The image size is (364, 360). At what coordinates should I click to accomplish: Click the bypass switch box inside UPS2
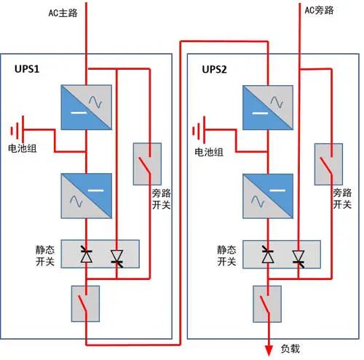(x=330, y=163)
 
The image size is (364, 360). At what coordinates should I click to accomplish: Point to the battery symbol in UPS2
(x=198, y=132)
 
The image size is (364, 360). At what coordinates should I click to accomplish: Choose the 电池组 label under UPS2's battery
(x=208, y=153)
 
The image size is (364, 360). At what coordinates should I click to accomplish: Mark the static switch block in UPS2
(x=282, y=255)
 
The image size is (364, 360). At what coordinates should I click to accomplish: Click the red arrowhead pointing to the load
(x=267, y=348)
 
